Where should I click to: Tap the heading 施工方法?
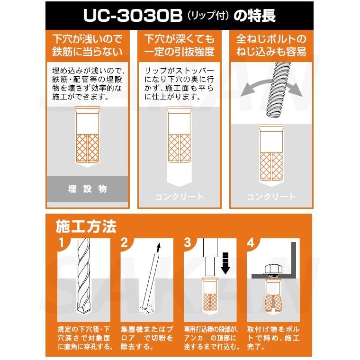click(x=86, y=227)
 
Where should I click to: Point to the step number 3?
click(x=188, y=243)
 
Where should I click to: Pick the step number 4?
click(x=252, y=243)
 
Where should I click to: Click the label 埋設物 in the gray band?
click(x=87, y=189)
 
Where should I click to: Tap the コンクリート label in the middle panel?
click(x=180, y=197)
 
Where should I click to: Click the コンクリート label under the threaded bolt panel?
click(x=271, y=197)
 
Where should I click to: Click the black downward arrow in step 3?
click(x=225, y=263)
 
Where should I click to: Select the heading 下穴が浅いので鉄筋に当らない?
click(x=87, y=45)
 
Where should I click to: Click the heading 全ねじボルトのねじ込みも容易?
click(x=271, y=45)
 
